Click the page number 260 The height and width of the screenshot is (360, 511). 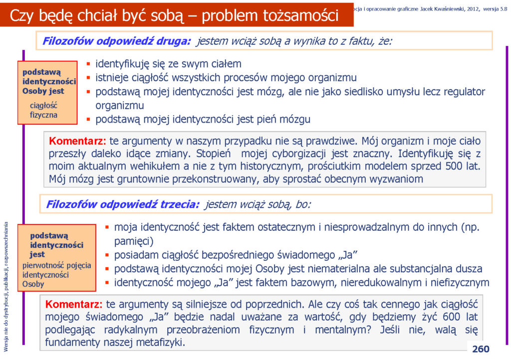coord(481,349)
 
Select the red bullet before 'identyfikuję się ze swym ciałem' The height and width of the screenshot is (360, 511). coord(88,64)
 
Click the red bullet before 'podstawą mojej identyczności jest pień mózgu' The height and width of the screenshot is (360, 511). coord(88,120)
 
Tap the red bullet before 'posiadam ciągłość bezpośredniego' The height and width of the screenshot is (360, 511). coord(107,255)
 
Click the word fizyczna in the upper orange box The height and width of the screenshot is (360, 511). coord(43,115)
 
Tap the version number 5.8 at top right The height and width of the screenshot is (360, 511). coord(504,9)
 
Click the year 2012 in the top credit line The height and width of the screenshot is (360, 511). coord(473,9)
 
